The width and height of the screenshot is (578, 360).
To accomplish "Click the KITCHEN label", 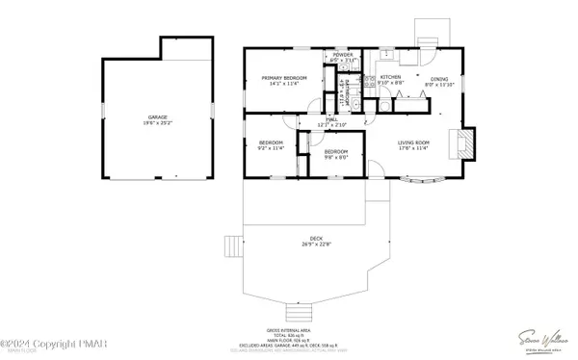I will (390, 77).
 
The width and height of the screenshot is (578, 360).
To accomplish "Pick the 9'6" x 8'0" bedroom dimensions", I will (335, 158).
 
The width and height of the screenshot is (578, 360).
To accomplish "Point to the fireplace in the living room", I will (466, 143).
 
